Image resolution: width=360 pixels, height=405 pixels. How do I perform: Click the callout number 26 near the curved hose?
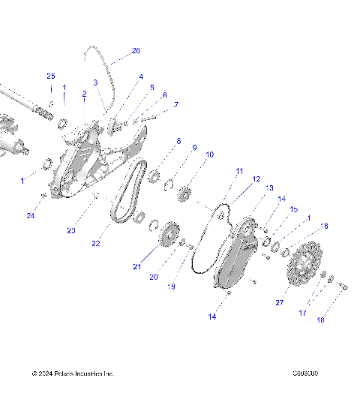[136, 51]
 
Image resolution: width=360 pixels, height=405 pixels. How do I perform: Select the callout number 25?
[51, 76]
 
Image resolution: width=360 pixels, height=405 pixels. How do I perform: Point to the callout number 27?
[280, 303]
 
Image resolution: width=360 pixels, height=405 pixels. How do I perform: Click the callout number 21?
[136, 266]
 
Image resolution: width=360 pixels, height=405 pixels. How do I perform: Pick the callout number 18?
[320, 320]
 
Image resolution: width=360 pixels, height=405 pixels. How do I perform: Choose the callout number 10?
[210, 154]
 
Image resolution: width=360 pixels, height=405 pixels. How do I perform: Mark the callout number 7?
[176, 104]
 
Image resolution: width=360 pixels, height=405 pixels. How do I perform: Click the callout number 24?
[31, 216]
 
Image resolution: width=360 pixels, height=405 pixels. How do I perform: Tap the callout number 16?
[324, 226]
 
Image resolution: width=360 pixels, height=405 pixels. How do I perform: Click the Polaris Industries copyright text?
[72, 373]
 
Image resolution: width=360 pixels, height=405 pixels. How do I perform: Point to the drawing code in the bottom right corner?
[307, 373]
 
